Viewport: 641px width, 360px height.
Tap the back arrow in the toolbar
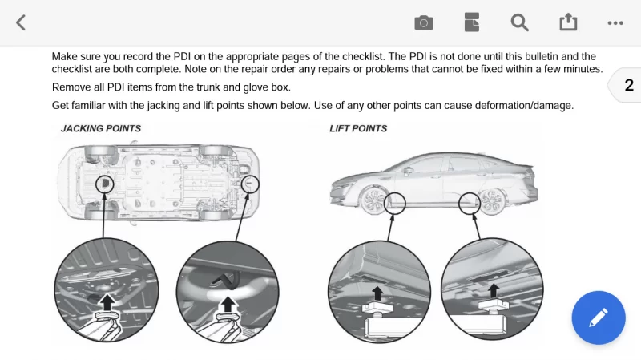click(21, 22)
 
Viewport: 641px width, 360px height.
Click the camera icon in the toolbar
click(423, 22)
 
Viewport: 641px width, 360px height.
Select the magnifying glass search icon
click(520, 22)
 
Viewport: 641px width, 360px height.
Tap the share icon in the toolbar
click(568, 22)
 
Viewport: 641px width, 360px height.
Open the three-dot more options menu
click(615, 22)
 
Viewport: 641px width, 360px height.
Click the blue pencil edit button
click(598, 318)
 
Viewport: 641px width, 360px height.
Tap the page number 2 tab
click(628, 86)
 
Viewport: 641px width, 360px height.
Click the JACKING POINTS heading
click(101, 128)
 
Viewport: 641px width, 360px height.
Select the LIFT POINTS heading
click(358, 128)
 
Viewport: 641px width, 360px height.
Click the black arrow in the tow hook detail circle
click(230, 302)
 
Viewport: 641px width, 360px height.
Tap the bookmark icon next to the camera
click(471, 22)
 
